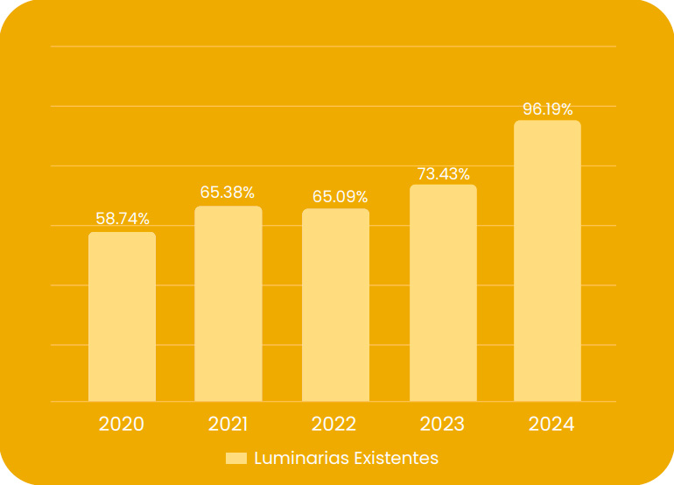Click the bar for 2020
(122, 317)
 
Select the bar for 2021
(228, 304)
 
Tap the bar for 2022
(335, 306)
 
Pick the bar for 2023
(443, 293)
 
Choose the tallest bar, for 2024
(547, 261)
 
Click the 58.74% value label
(123, 219)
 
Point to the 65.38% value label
(228, 193)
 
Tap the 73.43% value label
(443, 173)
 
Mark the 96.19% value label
(548, 109)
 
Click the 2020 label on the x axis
(122, 425)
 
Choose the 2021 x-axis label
(228, 425)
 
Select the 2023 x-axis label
(442, 425)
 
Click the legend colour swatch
(236, 459)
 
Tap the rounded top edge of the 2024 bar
(547, 122)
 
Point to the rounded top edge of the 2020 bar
(122, 234)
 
